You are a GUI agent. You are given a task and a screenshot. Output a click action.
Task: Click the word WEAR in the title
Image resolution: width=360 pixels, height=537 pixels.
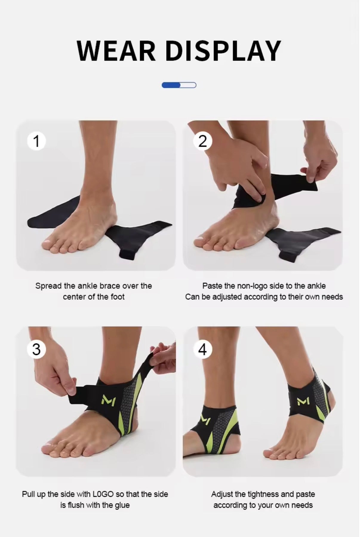pos(116,51)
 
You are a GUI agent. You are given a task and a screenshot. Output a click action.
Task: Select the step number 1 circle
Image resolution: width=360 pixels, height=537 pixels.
pos(36,141)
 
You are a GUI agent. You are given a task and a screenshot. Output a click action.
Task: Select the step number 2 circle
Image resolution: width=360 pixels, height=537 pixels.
pos(203,141)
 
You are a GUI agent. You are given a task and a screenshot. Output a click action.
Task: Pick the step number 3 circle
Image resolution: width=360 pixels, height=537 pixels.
pos(36,349)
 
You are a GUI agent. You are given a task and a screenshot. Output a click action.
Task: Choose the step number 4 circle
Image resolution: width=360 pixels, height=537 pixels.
pos(203,349)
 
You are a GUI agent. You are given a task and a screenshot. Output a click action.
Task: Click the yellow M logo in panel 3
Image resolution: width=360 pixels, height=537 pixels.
pos(108,399)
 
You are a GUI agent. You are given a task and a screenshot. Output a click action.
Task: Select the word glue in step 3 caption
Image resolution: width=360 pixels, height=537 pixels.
pos(122,505)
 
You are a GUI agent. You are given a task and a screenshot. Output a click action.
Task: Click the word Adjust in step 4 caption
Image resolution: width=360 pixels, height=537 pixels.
pos(222,494)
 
